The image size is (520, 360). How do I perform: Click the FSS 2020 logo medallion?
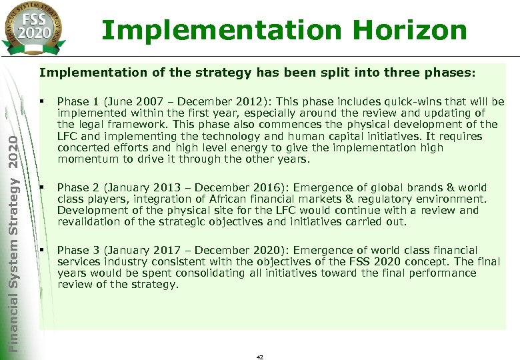35,27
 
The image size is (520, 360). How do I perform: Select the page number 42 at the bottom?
260,357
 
